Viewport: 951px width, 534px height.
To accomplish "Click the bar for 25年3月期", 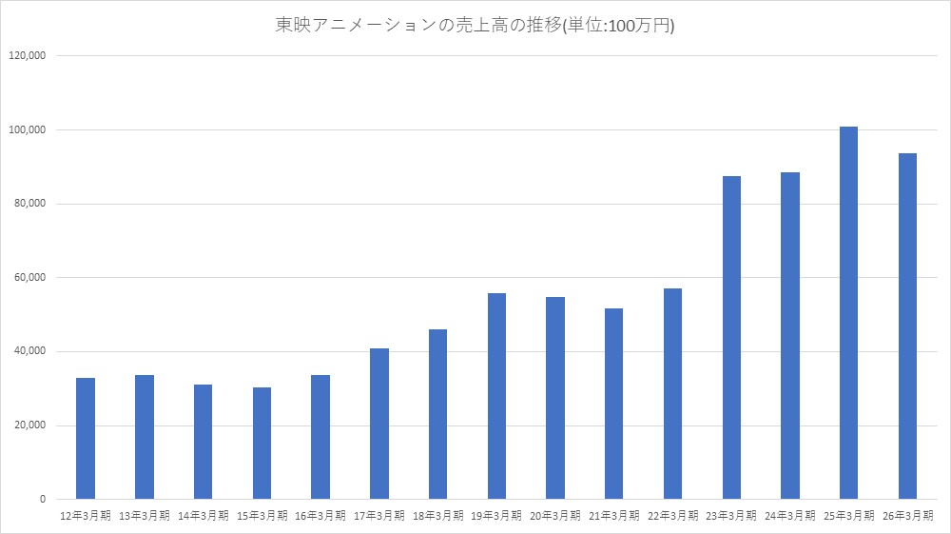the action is click(x=848, y=313).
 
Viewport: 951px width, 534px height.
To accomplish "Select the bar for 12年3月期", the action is click(x=86, y=439).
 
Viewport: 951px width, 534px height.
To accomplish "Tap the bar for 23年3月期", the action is click(x=731, y=338).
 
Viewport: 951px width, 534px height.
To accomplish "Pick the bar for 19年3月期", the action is click(x=496, y=396).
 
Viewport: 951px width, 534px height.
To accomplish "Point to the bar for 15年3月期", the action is click(x=262, y=444).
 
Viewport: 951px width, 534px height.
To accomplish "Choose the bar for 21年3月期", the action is click(x=613, y=405).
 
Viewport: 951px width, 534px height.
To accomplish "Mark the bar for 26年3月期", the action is click(x=907, y=326).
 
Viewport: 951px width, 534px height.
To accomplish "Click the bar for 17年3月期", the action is click(x=379, y=425).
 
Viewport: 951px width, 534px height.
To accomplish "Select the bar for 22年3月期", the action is click(x=672, y=394).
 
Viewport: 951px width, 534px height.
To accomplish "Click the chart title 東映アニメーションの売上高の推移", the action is click(x=418, y=25).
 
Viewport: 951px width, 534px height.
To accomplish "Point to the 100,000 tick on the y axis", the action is click(x=27, y=129).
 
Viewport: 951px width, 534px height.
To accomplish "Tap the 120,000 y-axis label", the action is click(x=27, y=56).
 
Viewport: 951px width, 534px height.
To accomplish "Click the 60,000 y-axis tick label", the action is click(x=29, y=277).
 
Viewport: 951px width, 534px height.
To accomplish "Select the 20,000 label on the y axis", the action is click(x=29, y=425).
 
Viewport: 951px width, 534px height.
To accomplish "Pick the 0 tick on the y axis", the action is click(x=43, y=500).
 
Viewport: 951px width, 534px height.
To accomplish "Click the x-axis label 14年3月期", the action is click(x=204, y=516).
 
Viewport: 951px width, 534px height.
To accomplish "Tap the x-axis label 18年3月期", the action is click(x=437, y=516).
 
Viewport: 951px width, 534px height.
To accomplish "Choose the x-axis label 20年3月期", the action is click(x=555, y=516).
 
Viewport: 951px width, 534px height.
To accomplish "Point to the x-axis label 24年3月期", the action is click(x=789, y=516).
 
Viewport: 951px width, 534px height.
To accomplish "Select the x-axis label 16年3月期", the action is click(x=320, y=516).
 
